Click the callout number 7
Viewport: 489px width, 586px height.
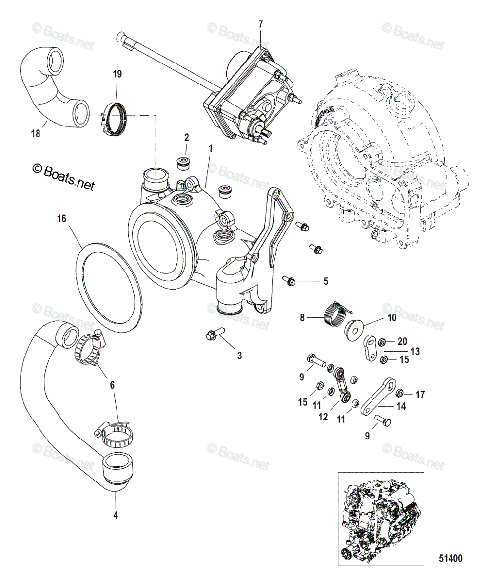260,23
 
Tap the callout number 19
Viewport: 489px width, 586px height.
117,74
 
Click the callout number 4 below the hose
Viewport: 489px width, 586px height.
116,514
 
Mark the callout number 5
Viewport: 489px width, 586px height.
325,281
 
